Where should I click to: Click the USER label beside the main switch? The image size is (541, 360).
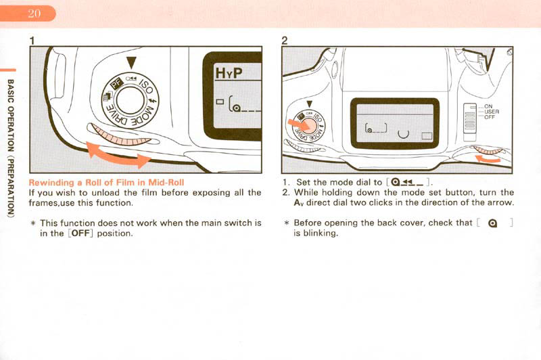[492, 111]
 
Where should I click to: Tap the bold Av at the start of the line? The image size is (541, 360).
[298, 203]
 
